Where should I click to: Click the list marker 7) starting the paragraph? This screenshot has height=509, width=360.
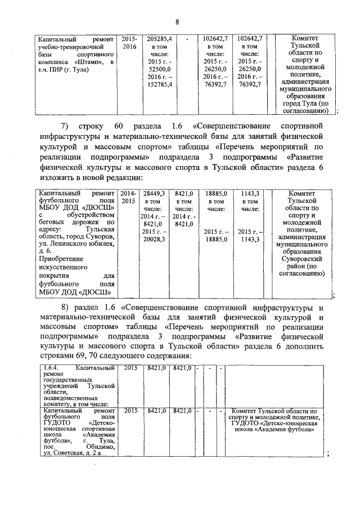(64, 124)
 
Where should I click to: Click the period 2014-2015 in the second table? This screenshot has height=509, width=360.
(128, 197)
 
